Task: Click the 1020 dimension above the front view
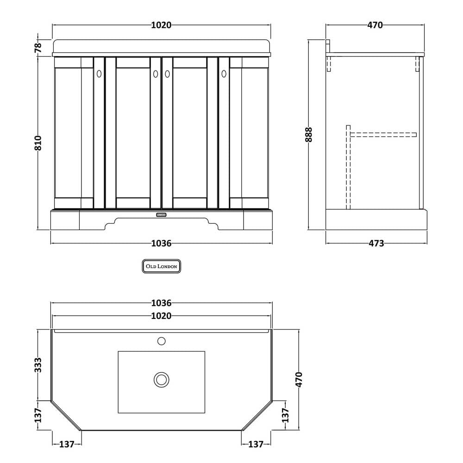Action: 161,25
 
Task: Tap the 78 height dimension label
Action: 38,47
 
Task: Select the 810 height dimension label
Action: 38,143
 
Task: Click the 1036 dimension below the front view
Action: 161,244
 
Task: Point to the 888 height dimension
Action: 308,135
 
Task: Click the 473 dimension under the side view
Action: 376,244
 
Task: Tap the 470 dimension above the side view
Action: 375,25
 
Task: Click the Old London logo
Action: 162,266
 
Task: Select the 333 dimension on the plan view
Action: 38,365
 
